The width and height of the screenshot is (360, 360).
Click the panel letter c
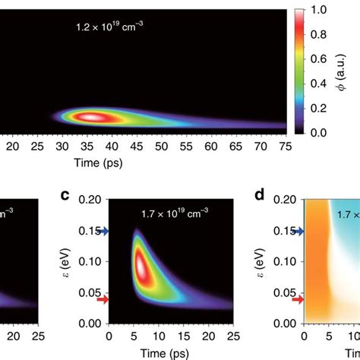click(x=66, y=197)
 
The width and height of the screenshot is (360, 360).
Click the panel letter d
click(x=259, y=197)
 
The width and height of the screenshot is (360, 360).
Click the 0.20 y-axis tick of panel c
click(x=91, y=199)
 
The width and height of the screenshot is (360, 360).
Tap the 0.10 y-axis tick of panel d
click(x=286, y=261)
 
